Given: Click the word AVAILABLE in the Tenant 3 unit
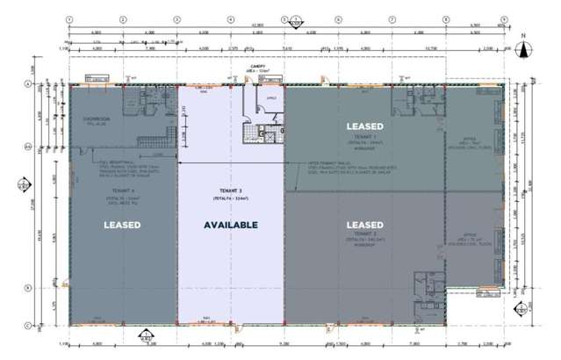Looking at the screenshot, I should click(x=232, y=226).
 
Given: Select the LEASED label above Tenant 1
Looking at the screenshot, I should click(x=368, y=127).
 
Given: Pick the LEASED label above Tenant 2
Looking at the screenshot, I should click(x=368, y=225).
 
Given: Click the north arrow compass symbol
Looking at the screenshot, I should click(x=521, y=49).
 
